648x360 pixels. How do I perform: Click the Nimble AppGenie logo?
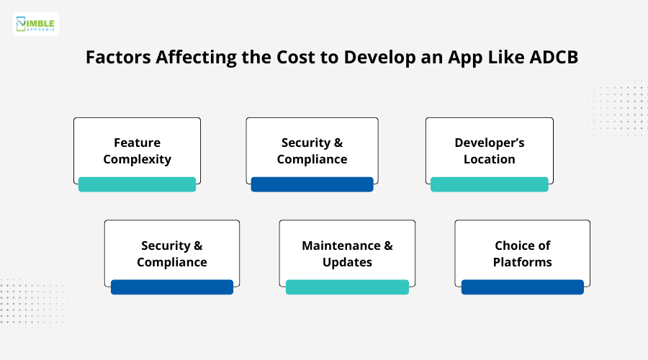[x=36, y=24]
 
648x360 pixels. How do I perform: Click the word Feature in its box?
[x=137, y=143]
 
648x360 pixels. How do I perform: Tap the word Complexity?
[x=137, y=159]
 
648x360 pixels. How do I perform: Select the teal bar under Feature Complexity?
[x=137, y=184]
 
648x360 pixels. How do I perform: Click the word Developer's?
[x=490, y=143]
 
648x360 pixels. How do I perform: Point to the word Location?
[x=490, y=159]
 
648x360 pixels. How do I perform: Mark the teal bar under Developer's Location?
[x=490, y=184]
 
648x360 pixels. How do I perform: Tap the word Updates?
[x=347, y=262]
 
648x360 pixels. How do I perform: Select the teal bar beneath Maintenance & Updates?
[x=347, y=287]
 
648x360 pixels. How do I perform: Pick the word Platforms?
[x=523, y=262]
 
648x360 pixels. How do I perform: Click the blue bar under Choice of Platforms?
[x=523, y=287]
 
